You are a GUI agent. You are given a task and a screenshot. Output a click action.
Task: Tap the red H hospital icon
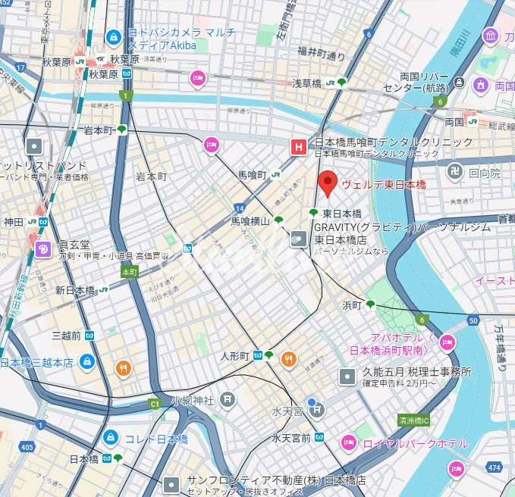300,146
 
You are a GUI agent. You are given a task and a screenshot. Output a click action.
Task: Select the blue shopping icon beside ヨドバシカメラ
114,36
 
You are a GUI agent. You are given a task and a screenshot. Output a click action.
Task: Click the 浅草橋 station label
315,83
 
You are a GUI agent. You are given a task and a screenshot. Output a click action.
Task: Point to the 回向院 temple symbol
454,172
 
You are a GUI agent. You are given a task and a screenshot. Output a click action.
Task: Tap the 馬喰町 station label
252,175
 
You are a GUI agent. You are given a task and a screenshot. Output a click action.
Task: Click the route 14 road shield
240,207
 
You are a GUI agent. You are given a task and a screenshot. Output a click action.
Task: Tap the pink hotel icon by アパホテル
447,342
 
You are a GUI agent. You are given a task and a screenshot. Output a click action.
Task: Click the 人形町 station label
235,355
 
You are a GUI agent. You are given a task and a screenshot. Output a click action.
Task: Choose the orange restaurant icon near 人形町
288,358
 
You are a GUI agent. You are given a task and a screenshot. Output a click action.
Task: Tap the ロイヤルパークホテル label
415,443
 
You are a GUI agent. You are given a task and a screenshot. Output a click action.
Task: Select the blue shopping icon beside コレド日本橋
111,438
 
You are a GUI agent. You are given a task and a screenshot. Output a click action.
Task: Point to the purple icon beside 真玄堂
45,247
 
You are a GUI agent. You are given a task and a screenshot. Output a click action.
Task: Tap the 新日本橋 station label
74,291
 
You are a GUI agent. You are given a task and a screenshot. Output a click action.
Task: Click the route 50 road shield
473,321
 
